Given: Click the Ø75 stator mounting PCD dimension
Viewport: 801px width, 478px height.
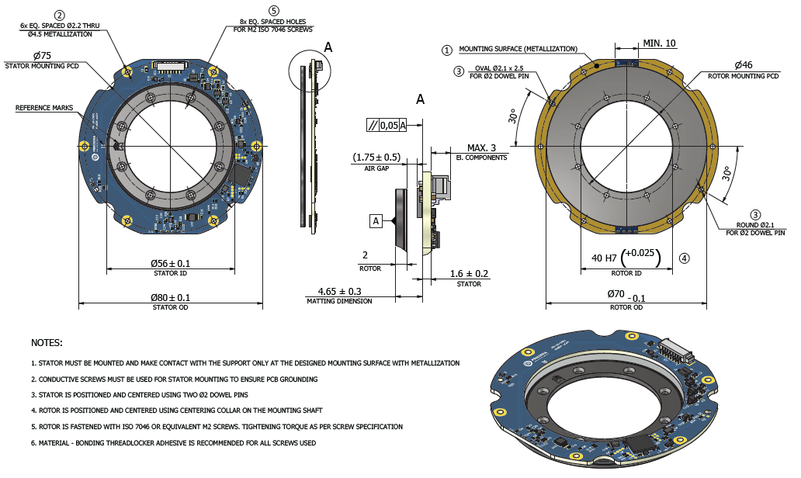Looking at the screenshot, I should pos(42,55).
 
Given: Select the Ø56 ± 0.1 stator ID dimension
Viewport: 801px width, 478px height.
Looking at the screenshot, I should pos(170,263).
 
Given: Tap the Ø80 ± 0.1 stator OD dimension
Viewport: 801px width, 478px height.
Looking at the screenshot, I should pos(170,297).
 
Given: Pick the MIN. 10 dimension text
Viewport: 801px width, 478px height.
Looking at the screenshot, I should pos(659,43).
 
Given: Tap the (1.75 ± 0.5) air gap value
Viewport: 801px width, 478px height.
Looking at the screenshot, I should pos(376,157).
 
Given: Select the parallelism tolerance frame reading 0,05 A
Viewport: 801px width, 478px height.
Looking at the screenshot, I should pos(387,125).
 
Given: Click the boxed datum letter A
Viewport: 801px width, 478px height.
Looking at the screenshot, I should pos(376,221).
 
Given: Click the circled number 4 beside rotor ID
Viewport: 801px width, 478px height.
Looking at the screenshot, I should pos(683,258).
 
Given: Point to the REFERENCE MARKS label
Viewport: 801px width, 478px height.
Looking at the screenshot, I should pos(43,108).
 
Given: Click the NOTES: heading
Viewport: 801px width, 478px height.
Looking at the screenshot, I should pos(47,342).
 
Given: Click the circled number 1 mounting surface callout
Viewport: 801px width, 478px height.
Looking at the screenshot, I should pos(446,50).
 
